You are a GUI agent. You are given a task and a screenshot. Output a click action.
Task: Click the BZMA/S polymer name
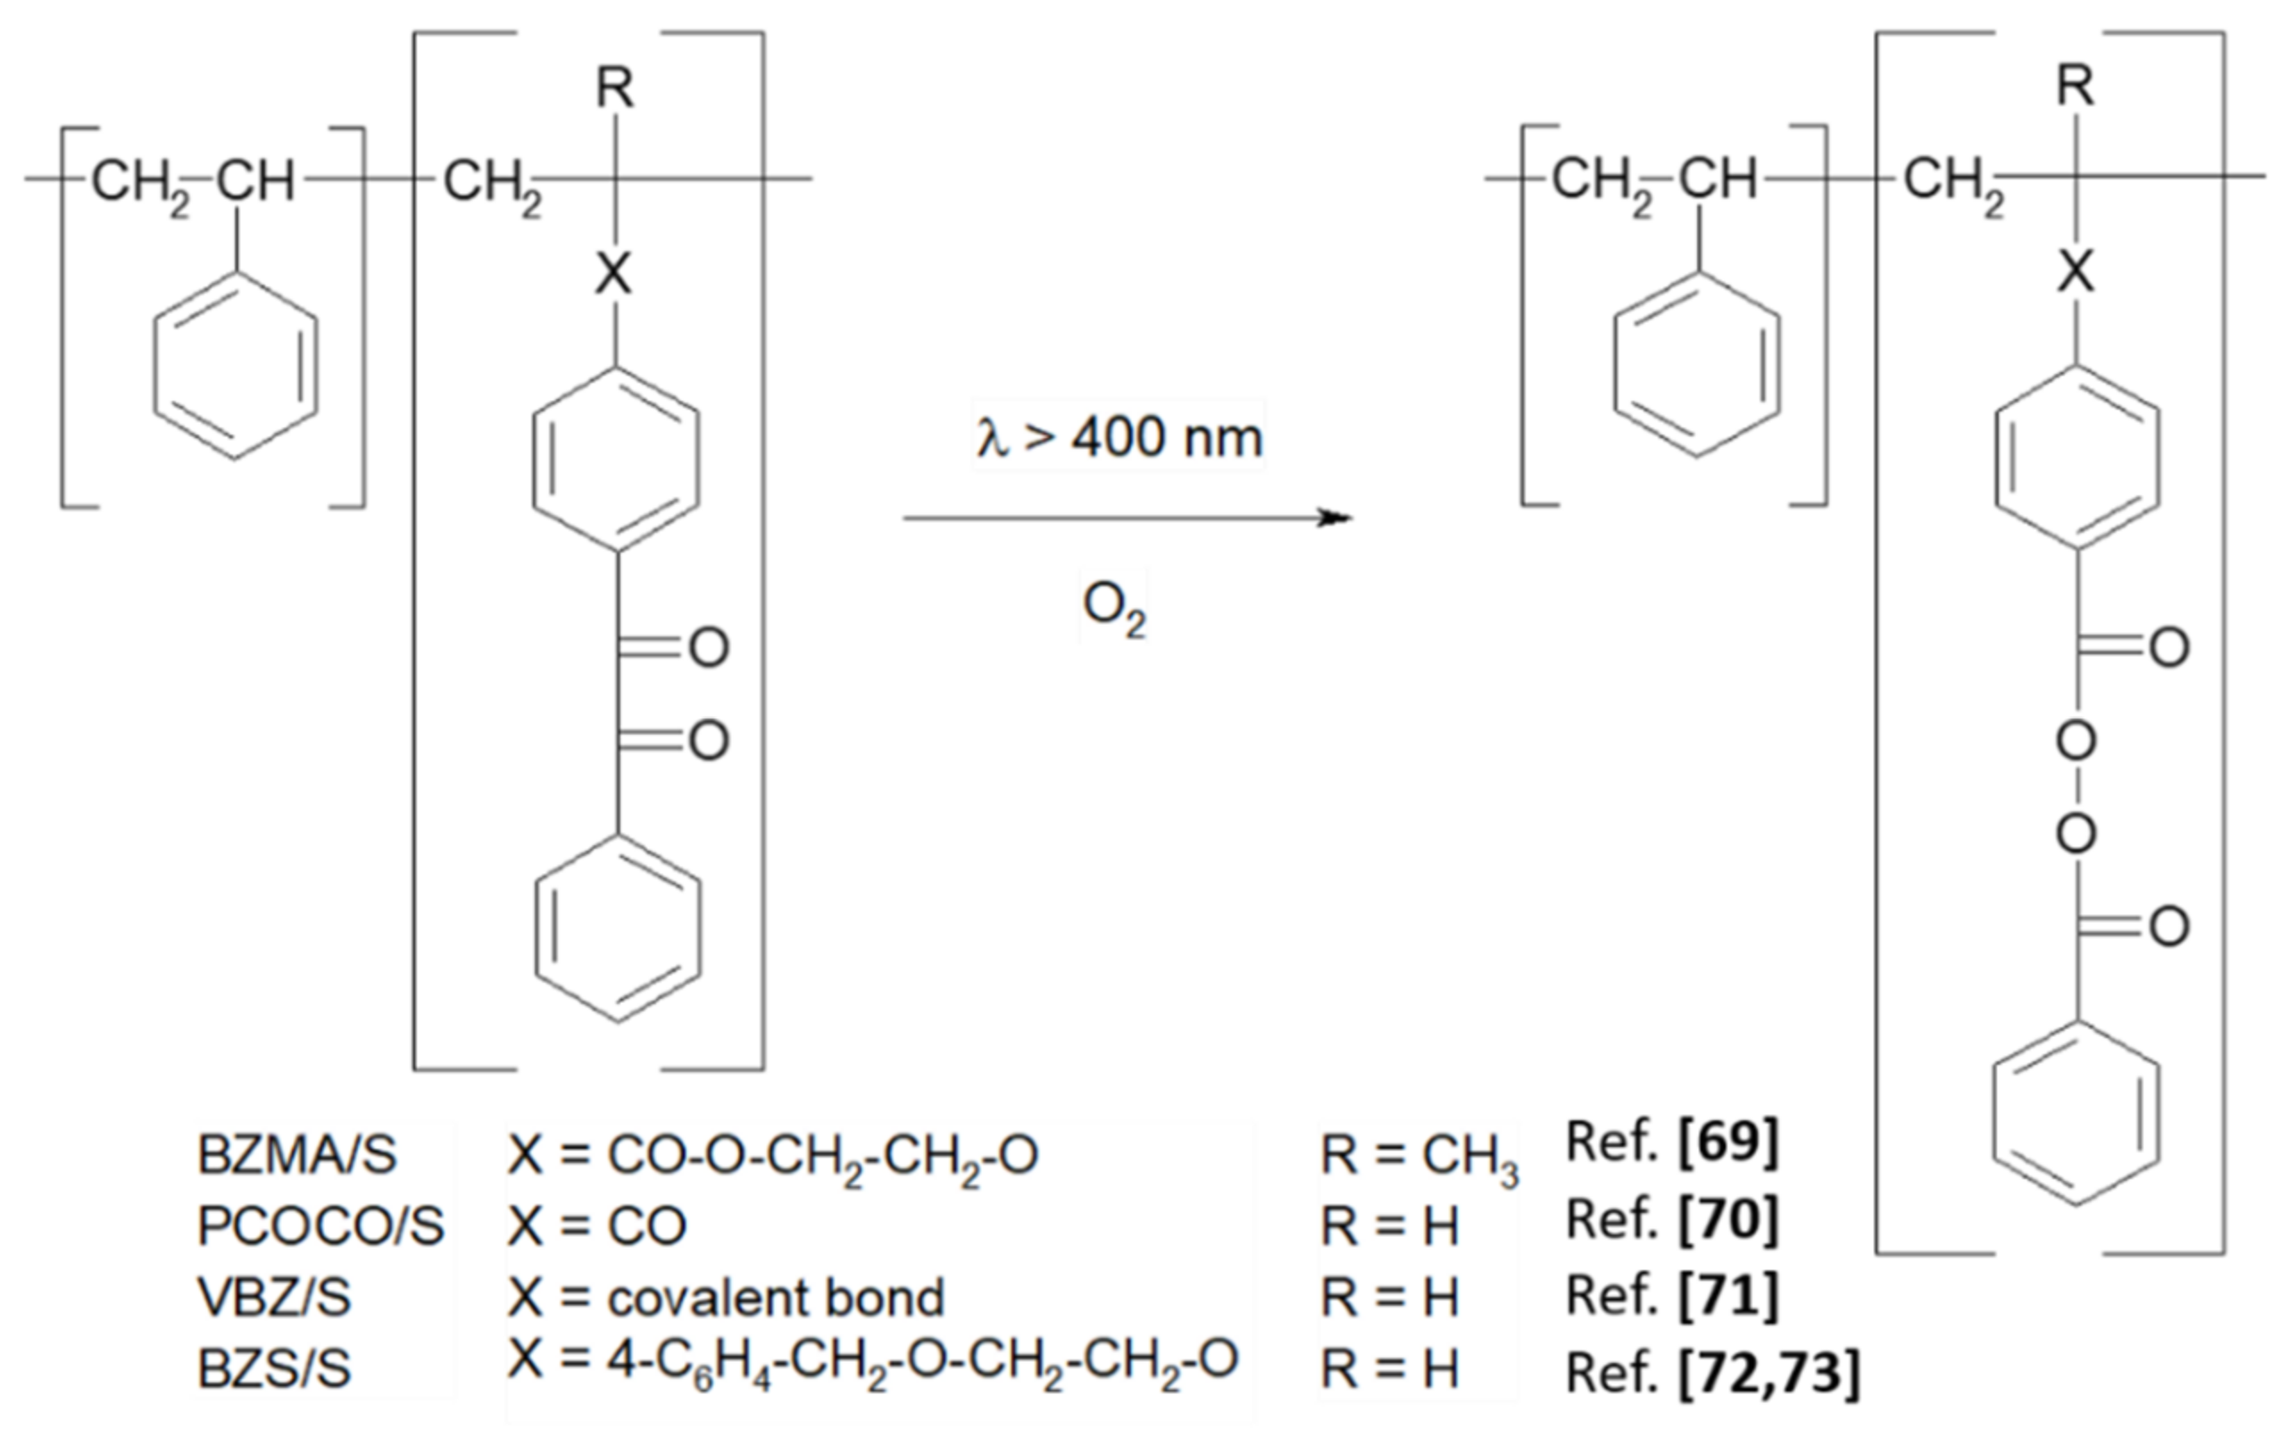click(x=296, y=1155)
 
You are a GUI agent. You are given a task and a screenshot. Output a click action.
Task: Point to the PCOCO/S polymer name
click(x=320, y=1225)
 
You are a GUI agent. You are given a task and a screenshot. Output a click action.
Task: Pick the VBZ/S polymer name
click(x=274, y=1297)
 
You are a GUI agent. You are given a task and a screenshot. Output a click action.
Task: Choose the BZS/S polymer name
click(x=274, y=1367)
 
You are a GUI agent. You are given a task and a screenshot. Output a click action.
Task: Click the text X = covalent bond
click(x=726, y=1298)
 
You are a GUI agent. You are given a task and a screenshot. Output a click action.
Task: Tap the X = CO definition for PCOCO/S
click(x=596, y=1225)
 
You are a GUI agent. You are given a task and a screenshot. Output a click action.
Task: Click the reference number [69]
click(x=1728, y=1142)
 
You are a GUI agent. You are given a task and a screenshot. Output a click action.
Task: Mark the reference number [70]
click(x=1728, y=1219)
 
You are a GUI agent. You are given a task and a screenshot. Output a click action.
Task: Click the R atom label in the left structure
click(x=614, y=87)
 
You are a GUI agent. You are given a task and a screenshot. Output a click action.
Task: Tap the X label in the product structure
click(x=2076, y=272)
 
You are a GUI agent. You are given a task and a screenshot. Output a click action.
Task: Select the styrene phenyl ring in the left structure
click(x=236, y=367)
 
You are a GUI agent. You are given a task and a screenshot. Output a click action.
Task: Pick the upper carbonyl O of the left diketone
click(x=709, y=648)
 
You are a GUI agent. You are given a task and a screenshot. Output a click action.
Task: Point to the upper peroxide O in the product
click(x=2076, y=742)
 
